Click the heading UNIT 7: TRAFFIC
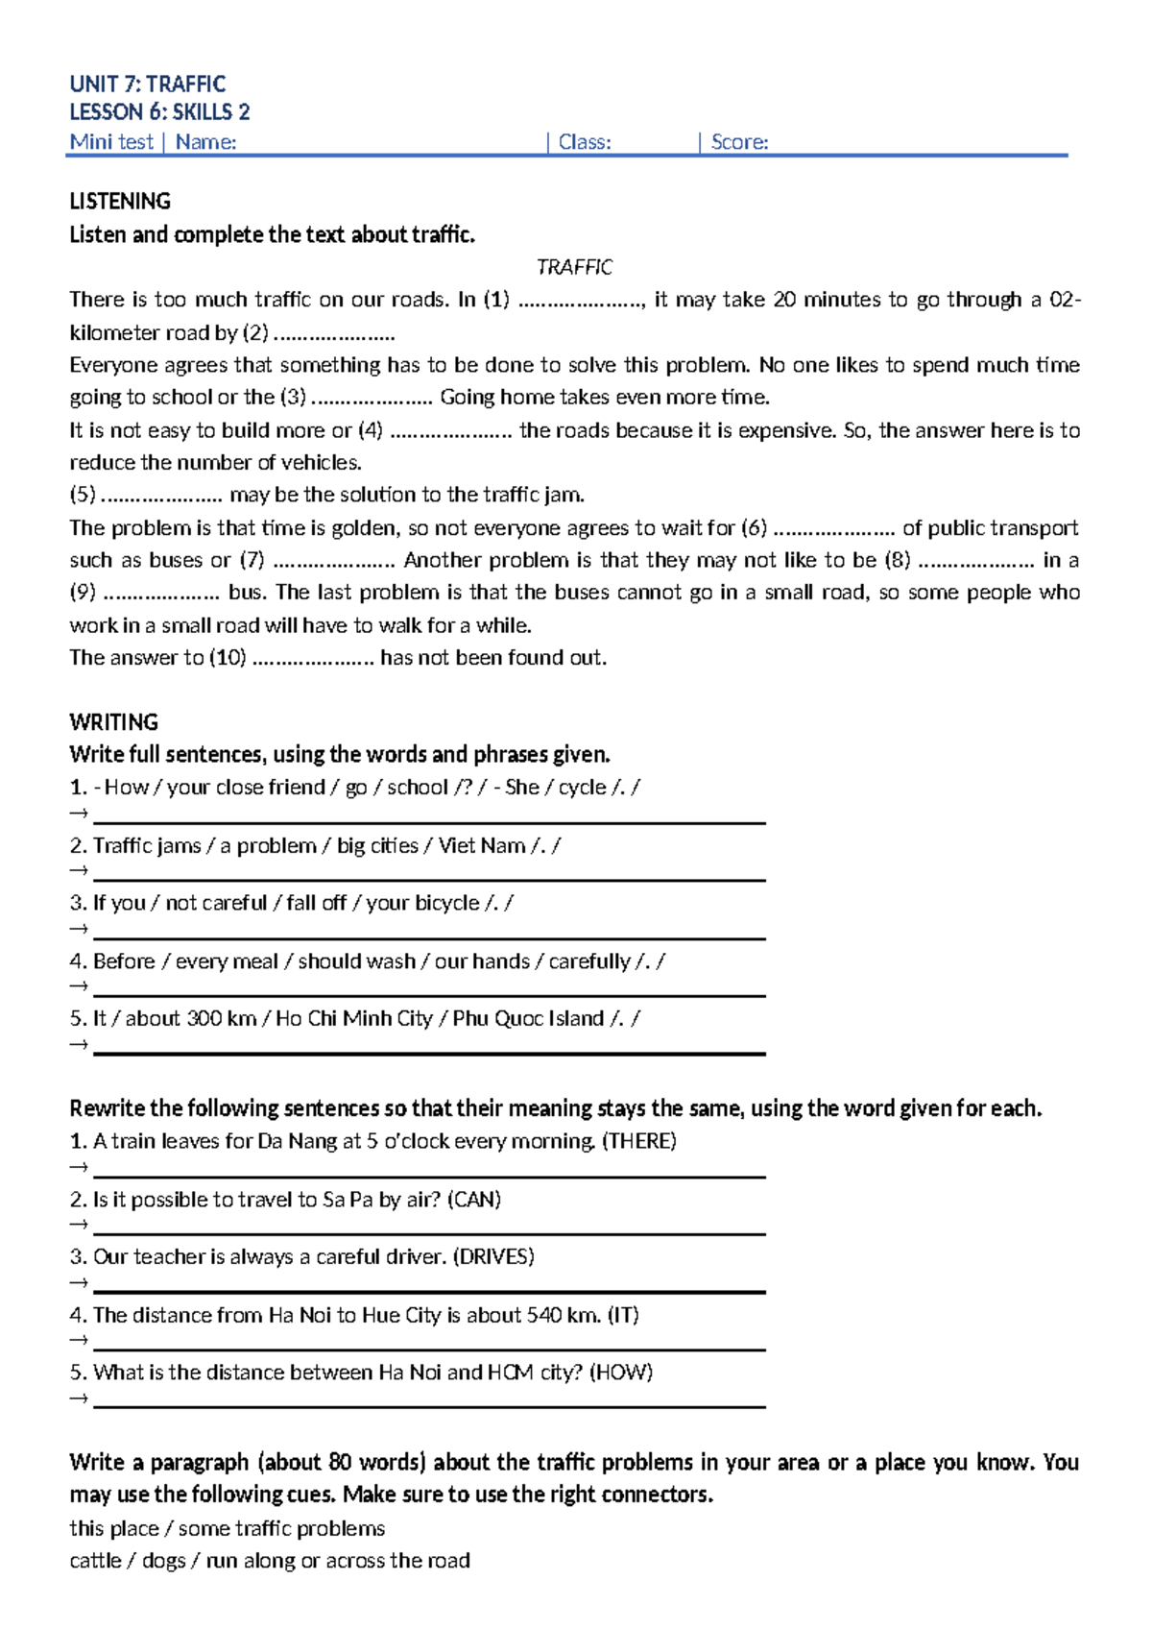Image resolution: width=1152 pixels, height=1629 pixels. (148, 84)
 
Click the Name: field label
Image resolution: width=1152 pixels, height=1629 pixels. (205, 142)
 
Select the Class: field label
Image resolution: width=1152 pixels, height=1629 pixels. (585, 142)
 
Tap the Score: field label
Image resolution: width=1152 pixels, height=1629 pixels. (739, 142)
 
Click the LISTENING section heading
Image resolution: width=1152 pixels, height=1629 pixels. (120, 201)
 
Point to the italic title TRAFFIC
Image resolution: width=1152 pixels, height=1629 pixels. (574, 267)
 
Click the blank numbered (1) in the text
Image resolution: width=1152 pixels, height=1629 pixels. (581, 301)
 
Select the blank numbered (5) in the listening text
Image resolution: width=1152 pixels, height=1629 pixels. (161, 496)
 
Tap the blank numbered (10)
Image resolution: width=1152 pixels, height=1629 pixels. (312, 659)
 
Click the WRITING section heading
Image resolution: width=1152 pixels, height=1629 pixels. (113, 722)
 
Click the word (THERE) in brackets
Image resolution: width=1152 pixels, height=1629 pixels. (638, 1141)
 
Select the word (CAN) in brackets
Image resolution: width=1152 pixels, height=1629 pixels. (474, 1200)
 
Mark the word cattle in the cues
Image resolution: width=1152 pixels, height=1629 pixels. (95, 1561)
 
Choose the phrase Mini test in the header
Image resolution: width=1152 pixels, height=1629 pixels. (111, 142)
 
